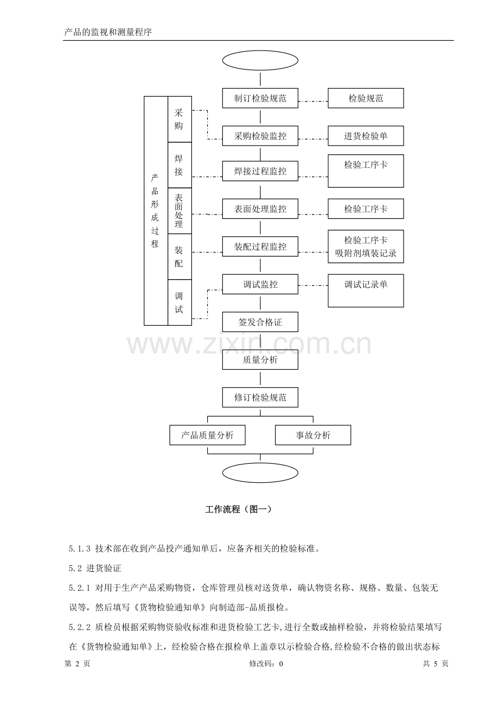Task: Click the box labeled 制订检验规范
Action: [260, 98]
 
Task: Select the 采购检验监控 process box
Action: [260, 136]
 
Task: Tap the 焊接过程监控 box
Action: [260, 171]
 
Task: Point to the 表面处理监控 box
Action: [260, 209]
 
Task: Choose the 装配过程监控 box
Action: [260, 247]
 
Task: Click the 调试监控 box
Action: [260, 285]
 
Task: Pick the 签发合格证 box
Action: [260, 322]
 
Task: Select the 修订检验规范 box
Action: [260, 397]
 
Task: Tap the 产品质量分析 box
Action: [207, 435]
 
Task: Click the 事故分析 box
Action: [313, 435]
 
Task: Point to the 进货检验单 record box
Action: [366, 136]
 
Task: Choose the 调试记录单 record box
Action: [366, 291]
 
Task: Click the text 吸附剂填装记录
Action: [366, 253]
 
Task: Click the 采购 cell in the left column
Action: [180, 119]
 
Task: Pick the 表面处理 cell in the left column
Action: [180, 211]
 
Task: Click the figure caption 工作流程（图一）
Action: [238, 509]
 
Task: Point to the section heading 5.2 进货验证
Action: [95, 569]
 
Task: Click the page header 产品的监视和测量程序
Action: [108, 32]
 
